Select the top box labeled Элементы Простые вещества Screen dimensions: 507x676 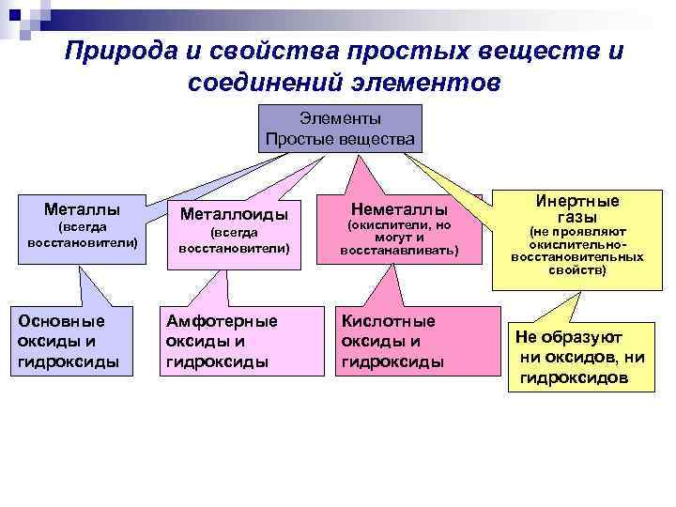340,129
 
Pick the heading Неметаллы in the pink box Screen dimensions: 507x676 399,209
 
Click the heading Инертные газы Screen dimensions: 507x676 577,208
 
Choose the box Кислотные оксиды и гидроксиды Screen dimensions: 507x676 405,341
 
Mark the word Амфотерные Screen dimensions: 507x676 222,320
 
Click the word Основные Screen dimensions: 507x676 62,320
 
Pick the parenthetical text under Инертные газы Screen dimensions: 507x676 577,251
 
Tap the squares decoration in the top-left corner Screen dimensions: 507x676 23,15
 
